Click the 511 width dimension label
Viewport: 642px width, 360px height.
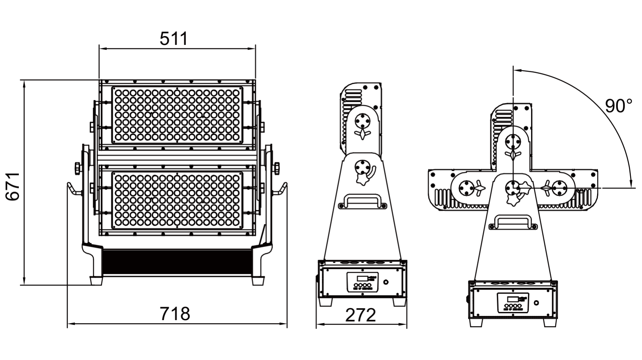174,38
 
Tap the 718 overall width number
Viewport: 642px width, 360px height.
175,314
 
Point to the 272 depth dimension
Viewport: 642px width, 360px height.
361,315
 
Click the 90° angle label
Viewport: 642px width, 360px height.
619,106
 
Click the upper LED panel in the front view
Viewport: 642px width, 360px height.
177,115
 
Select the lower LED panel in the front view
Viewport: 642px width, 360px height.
177,200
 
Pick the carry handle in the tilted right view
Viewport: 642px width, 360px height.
513,222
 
